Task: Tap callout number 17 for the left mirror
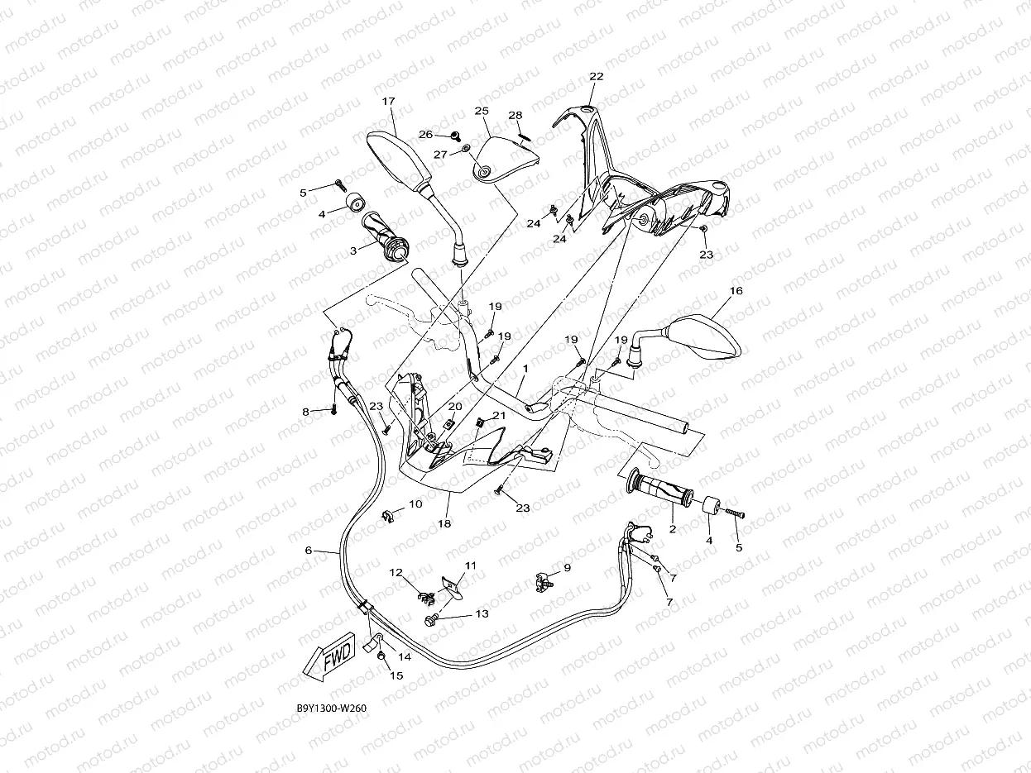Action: tap(388, 101)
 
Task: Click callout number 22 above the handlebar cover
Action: tap(596, 76)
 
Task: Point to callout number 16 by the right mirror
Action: tap(736, 291)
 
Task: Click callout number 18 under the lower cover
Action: tap(444, 523)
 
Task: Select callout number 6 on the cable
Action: tap(309, 550)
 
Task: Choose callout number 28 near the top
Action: tap(515, 115)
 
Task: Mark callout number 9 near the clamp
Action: tap(567, 567)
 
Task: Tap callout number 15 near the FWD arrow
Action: tap(396, 675)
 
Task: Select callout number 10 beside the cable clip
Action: tap(415, 503)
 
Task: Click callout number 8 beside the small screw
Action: tap(305, 411)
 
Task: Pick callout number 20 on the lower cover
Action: tap(454, 406)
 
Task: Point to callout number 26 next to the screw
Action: tap(425, 134)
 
